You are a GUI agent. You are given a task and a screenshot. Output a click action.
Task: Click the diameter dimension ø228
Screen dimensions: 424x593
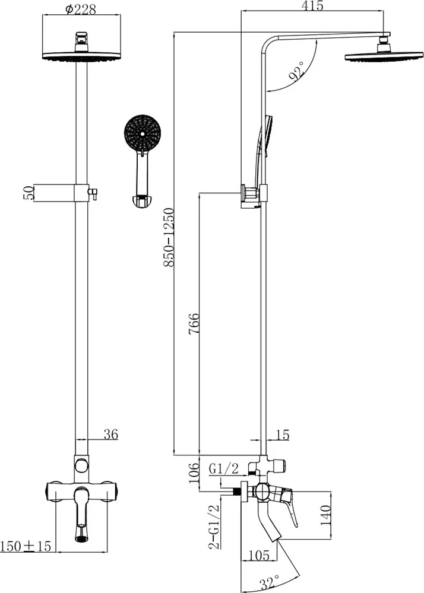pyautogui.click(x=81, y=9)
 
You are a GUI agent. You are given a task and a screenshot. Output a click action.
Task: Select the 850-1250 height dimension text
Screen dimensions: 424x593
pyautogui.click(x=169, y=238)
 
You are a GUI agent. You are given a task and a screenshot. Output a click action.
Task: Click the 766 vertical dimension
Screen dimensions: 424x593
pyautogui.click(x=194, y=323)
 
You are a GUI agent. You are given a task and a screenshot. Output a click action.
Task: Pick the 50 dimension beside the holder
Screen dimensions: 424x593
pyautogui.click(x=29, y=193)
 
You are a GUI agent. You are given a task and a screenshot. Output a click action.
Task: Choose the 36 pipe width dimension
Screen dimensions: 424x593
pyautogui.click(x=111, y=434)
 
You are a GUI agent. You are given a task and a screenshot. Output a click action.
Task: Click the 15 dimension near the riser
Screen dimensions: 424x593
pyautogui.click(x=283, y=435)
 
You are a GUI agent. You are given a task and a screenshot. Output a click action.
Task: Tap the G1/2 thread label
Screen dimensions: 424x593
pyautogui.click(x=224, y=468)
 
